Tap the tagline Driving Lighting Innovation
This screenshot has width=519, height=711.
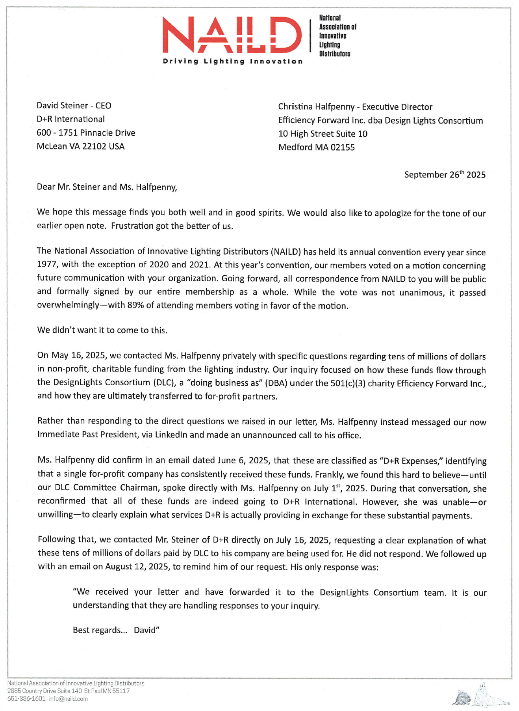[x=233, y=62]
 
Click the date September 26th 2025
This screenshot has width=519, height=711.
[x=445, y=175]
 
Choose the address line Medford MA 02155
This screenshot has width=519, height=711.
[x=316, y=147]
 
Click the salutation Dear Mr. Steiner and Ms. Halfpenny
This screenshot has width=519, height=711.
[x=107, y=187]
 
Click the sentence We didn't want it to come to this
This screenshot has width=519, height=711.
[x=102, y=330]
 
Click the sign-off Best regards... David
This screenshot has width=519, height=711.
[x=116, y=630]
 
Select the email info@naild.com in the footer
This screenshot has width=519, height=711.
[x=69, y=699]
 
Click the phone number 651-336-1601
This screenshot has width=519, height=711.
[x=26, y=699]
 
